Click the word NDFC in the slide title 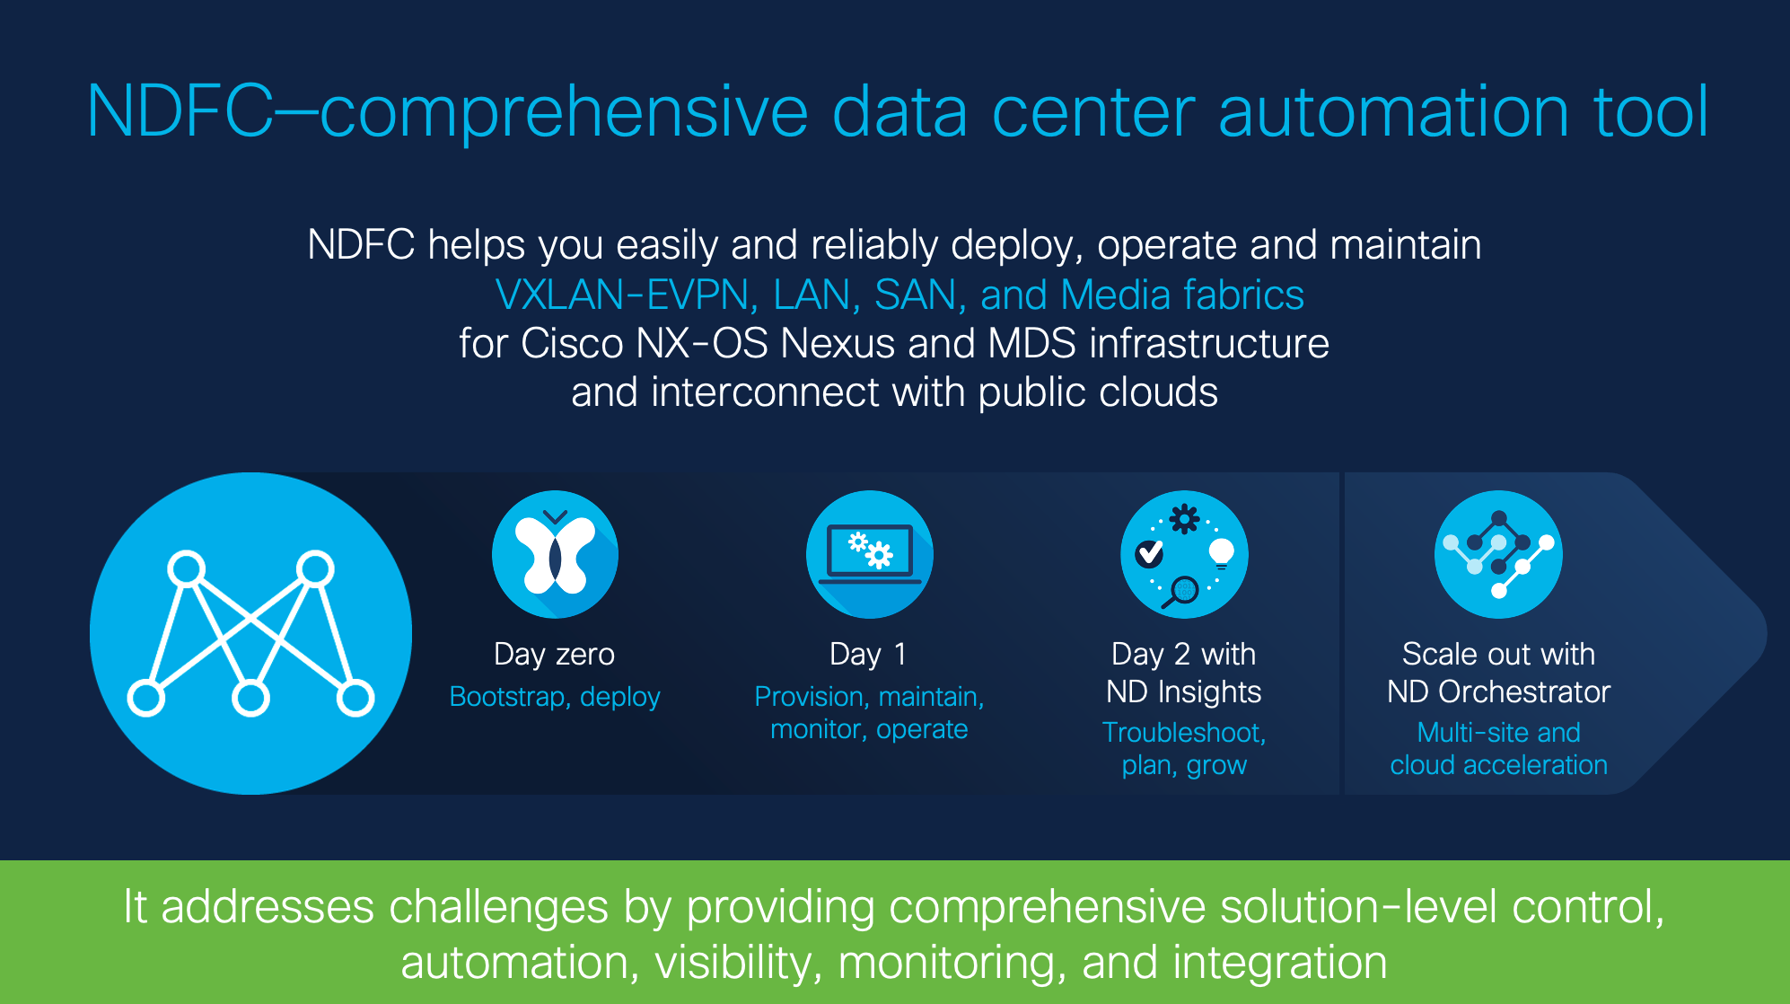pyautogui.click(x=180, y=111)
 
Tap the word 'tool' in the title pyautogui.click(x=1651, y=111)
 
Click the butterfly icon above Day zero pyautogui.click(x=555, y=554)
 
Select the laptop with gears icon pyautogui.click(x=869, y=554)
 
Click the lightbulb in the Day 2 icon pyautogui.click(x=1222, y=553)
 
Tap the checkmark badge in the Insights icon pyautogui.click(x=1149, y=553)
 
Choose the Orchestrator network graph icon pyautogui.click(x=1498, y=554)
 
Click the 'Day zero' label pyautogui.click(x=554, y=655)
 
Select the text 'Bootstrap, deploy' pyautogui.click(x=555, y=697)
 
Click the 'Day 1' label pyautogui.click(x=868, y=655)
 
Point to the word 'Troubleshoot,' pyautogui.click(x=1184, y=733)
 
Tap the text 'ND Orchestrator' pyautogui.click(x=1498, y=691)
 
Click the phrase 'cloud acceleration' pyautogui.click(x=1498, y=765)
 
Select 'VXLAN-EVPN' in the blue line pyautogui.click(x=622, y=295)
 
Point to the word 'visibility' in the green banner pyautogui.click(x=733, y=963)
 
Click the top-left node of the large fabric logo pyautogui.click(x=187, y=569)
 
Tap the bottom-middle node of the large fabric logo pyautogui.click(x=250, y=699)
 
